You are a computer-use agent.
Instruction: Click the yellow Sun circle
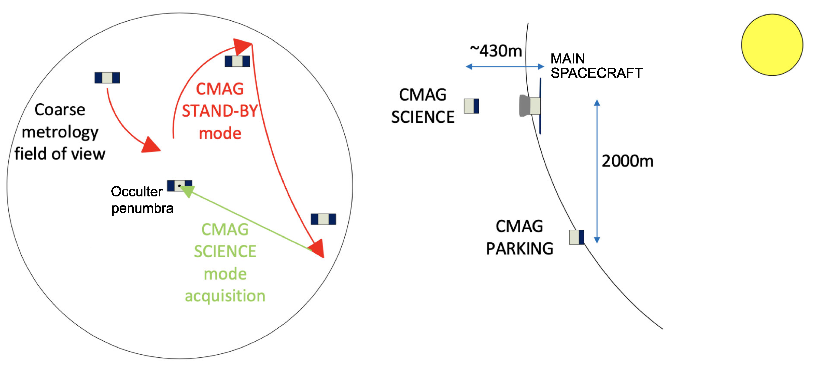pos(772,45)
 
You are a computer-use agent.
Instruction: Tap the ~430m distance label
pos(496,51)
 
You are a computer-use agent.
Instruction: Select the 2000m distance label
pos(627,161)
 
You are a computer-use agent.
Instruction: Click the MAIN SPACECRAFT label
pos(596,66)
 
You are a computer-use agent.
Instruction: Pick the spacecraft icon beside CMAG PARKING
pos(577,237)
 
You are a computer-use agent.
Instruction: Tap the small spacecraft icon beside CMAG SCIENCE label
pos(471,106)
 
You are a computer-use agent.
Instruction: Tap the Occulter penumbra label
pos(142,200)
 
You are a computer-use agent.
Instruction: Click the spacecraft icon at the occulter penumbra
pos(179,186)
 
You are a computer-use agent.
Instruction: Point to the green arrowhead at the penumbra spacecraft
pos(188,191)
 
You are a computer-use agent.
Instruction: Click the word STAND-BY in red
pos(220,111)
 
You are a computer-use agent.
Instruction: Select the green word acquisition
pos(225,296)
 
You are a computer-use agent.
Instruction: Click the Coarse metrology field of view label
pos(60,132)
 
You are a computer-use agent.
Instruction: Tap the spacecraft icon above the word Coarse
pos(107,78)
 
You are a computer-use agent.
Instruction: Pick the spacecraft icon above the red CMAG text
pos(237,61)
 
